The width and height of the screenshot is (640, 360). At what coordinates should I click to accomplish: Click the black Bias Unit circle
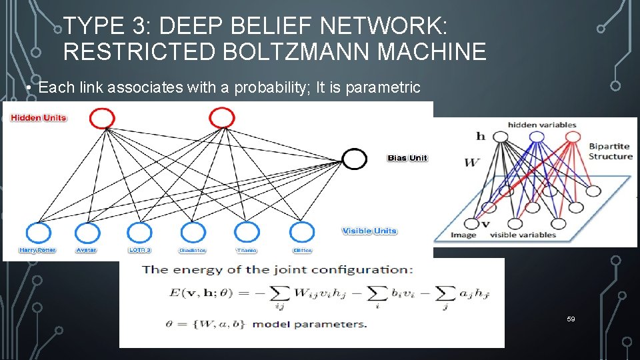click(354, 159)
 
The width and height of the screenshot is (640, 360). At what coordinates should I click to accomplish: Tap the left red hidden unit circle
click(102, 119)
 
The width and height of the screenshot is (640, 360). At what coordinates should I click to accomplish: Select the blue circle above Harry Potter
click(38, 233)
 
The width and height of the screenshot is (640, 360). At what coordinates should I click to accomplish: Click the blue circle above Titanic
click(247, 232)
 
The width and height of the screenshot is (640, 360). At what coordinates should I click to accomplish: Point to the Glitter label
click(302, 251)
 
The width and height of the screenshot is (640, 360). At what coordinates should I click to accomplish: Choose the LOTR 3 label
click(139, 251)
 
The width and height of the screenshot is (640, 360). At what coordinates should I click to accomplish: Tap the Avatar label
click(87, 251)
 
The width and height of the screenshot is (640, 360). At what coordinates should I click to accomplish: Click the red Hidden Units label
click(38, 118)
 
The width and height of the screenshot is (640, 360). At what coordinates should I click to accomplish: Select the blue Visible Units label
click(369, 231)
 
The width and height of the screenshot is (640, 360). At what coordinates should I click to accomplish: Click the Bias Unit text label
click(407, 158)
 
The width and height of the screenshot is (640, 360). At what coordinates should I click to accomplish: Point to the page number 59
click(571, 319)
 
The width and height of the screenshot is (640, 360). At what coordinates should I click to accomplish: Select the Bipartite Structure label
click(610, 151)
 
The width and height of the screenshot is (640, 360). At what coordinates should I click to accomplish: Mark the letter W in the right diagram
click(471, 161)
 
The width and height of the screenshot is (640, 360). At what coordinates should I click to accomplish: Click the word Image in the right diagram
click(463, 235)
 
